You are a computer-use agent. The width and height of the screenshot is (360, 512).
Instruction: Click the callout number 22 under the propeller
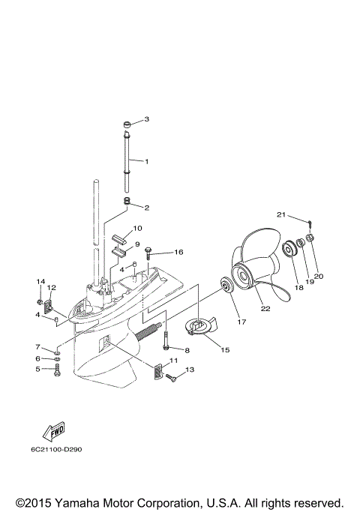click(265, 306)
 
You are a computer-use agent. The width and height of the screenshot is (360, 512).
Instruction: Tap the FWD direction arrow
click(55, 432)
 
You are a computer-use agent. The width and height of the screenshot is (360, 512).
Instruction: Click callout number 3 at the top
click(147, 119)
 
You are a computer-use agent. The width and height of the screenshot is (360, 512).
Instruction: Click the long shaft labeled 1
click(129, 161)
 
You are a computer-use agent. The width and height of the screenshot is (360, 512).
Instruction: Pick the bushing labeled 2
click(128, 202)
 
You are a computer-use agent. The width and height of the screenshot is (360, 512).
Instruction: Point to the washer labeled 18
click(286, 248)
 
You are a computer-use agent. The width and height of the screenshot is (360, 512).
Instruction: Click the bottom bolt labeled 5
click(58, 373)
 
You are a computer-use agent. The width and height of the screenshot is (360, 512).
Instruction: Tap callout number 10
click(137, 228)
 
